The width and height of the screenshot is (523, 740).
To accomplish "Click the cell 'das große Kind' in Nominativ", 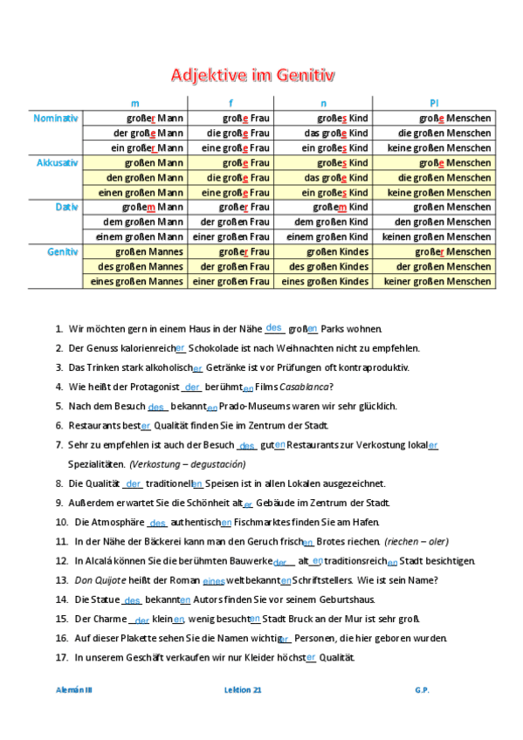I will [x=324, y=133].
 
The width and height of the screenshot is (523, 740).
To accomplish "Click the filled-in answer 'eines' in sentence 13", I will [x=213, y=580].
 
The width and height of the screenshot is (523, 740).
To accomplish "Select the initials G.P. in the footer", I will [x=423, y=689].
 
